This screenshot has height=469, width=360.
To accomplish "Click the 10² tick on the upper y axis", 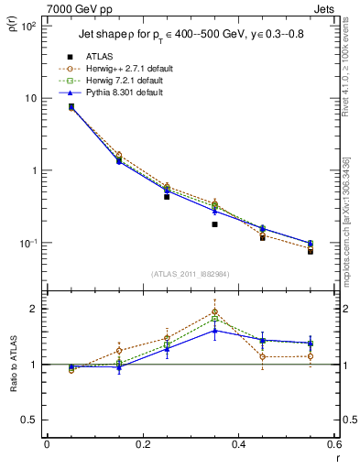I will click(x=28, y=26).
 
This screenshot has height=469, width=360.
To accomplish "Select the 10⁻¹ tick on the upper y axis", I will click(x=28, y=243).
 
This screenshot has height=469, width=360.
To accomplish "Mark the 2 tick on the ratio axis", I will click(x=34, y=309).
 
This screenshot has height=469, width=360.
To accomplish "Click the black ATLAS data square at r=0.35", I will click(x=214, y=224).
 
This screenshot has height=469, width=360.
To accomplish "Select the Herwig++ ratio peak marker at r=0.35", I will click(x=214, y=311).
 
